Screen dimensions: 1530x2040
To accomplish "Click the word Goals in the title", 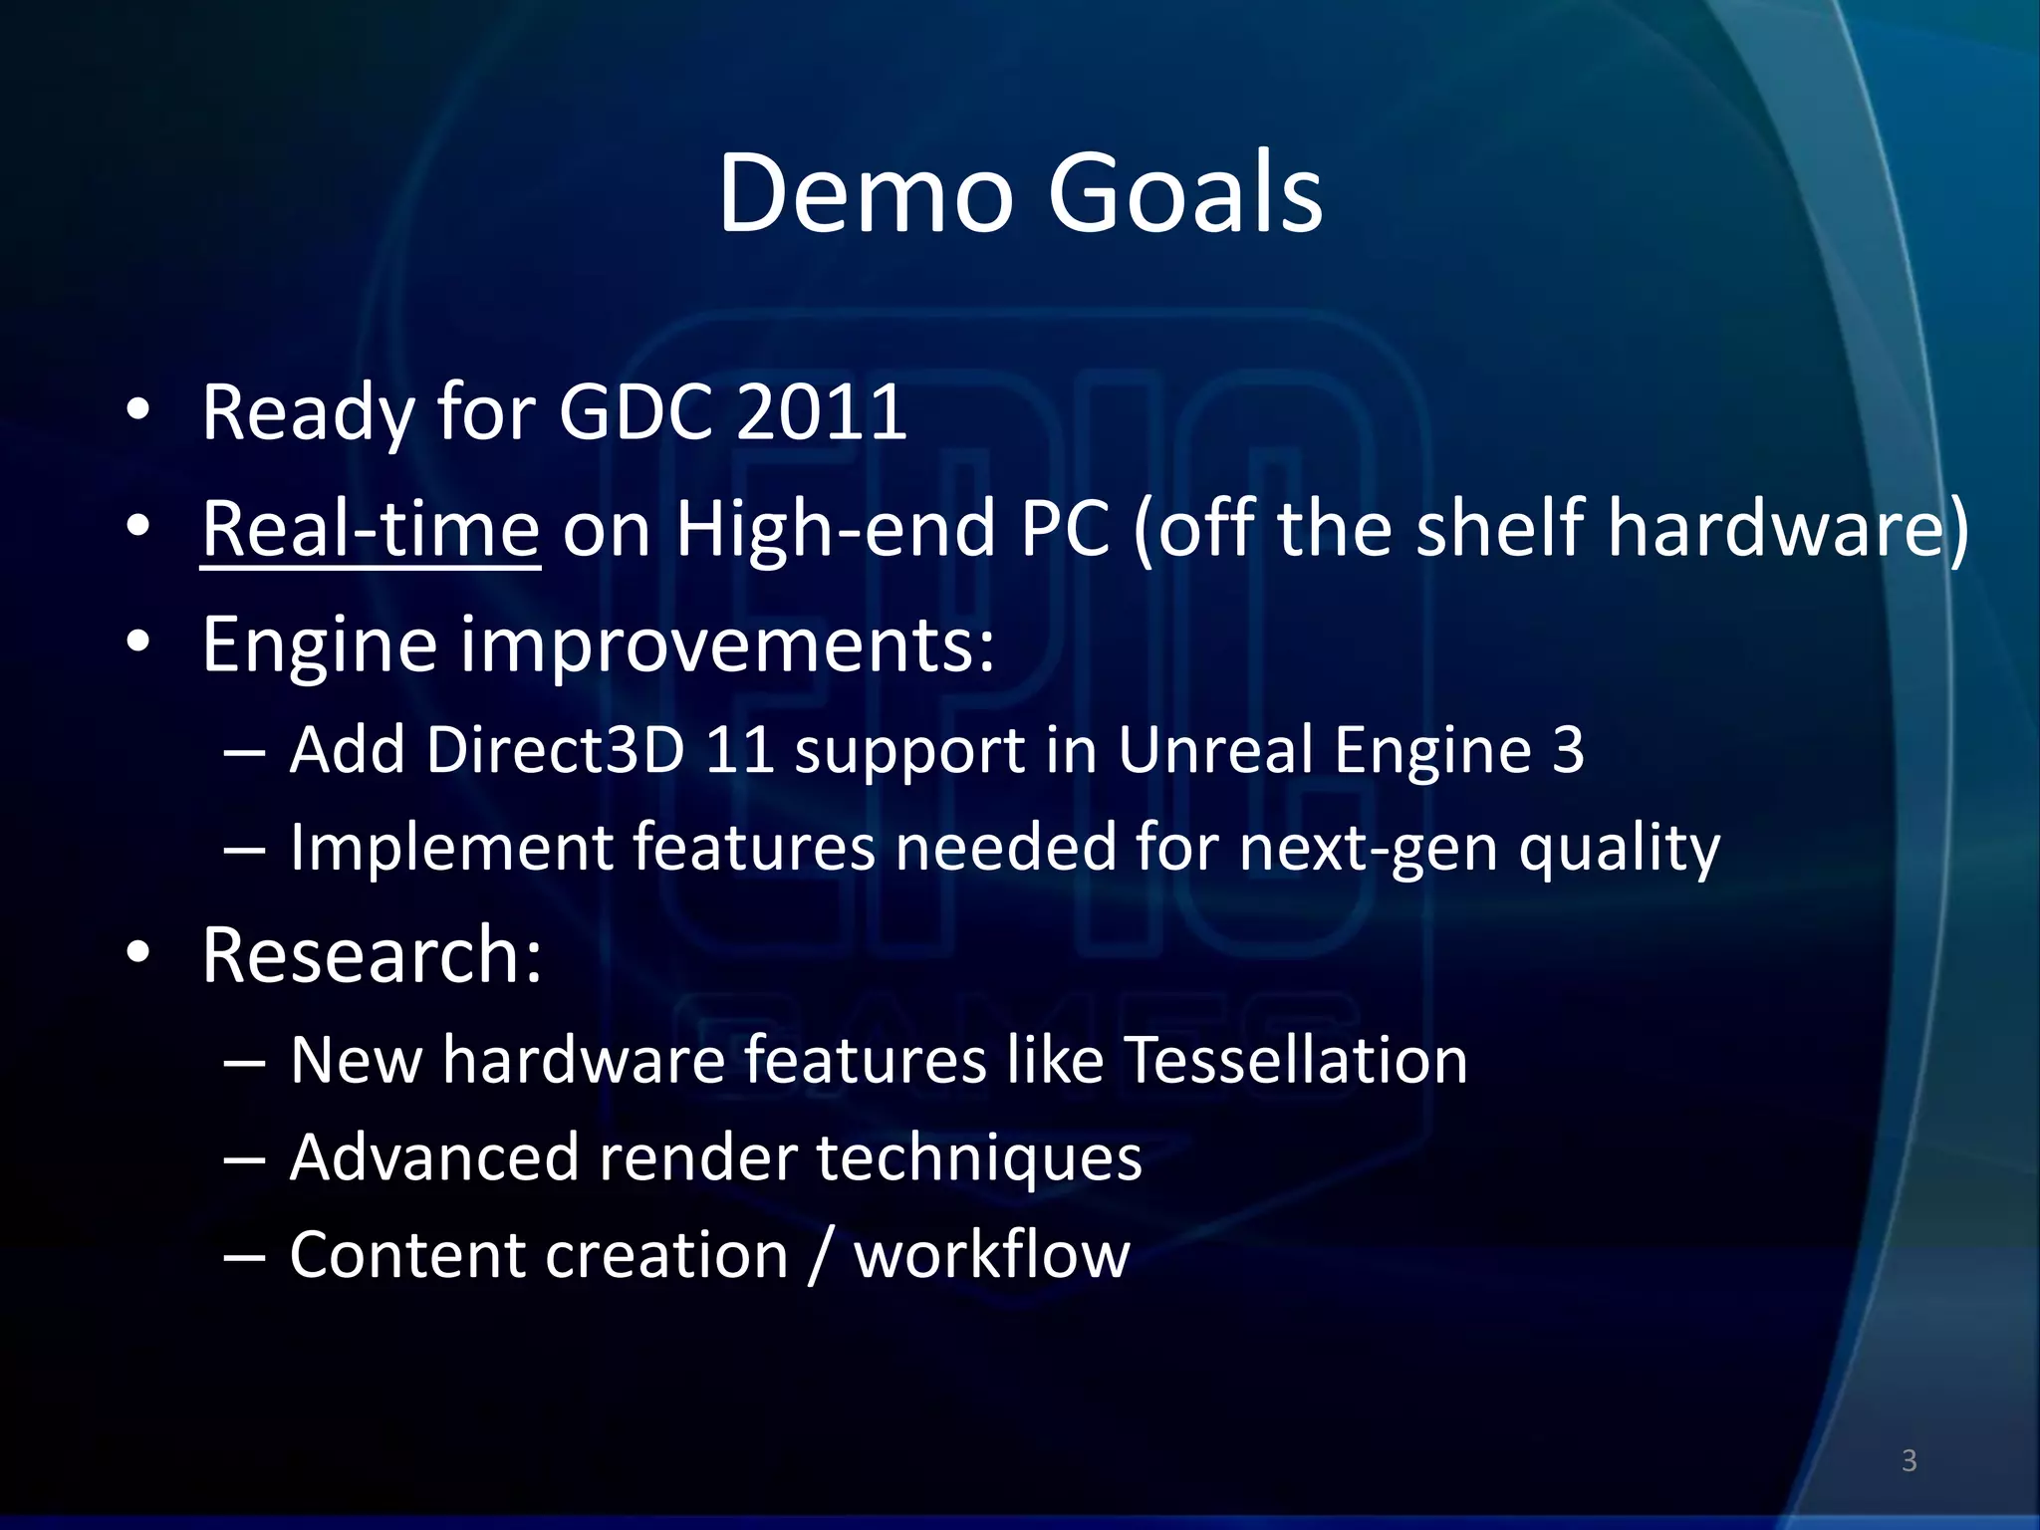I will click(1184, 193).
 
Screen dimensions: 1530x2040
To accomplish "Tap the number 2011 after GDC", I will click(821, 412).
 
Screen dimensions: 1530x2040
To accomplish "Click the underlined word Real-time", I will click(371, 529).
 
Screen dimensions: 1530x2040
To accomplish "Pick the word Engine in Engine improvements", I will click(319, 645).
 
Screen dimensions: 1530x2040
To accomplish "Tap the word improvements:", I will click(727, 645).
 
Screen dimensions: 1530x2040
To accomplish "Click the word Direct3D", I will click(556, 749).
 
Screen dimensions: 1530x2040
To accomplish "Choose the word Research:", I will click(372, 955).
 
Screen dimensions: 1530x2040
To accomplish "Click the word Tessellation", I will click(1296, 1059).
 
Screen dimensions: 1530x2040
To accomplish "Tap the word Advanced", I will click(434, 1157).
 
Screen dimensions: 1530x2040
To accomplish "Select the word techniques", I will click(979, 1157).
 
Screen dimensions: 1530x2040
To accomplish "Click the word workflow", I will click(992, 1255).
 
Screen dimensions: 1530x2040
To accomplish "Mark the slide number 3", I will click(1909, 1460).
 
